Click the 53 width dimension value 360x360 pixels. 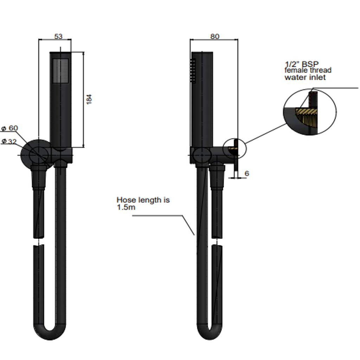(x=58, y=36)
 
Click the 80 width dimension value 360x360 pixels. (x=215, y=36)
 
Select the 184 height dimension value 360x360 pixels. (x=89, y=99)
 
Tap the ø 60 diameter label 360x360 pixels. (x=10, y=128)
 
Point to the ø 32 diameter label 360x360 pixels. (x=9, y=141)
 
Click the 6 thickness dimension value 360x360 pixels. (x=247, y=173)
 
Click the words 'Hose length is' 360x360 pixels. (x=143, y=200)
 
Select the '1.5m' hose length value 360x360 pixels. (x=126, y=207)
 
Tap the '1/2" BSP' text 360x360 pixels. (x=302, y=64)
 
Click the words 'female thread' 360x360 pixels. (x=308, y=70)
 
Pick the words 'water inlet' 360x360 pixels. (x=305, y=77)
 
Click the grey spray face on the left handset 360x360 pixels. (x=61, y=70)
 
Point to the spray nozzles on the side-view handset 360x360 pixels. (x=193, y=70)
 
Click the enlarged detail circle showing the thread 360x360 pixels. (x=310, y=112)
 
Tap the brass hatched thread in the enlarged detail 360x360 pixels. (x=307, y=117)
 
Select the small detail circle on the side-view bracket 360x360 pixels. (x=234, y=149)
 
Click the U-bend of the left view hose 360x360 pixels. (x=50, y=330)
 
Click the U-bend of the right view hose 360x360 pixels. (x=210, y=330)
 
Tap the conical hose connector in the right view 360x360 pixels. (x=217, y=177)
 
